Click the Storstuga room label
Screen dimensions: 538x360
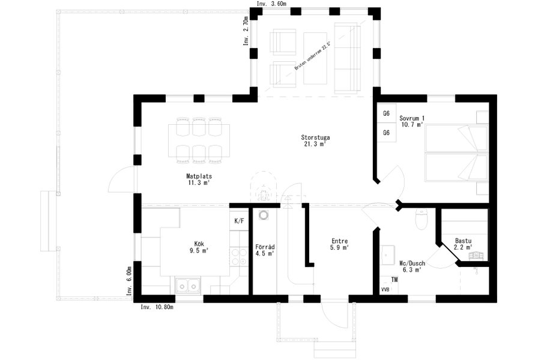point(315,137)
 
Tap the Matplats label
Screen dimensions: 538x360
point(199,176)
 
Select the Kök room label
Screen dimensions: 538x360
point(199,244)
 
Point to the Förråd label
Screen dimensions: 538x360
point(265,247)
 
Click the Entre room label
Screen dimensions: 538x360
point(340,241)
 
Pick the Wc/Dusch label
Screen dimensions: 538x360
point(412,263)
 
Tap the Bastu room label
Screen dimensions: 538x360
point(463,241)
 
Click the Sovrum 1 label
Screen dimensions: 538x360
point(412,118)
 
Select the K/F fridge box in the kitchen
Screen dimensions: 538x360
point(239,220)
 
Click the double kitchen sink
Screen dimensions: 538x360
point(188,285)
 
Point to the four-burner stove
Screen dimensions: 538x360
point(239,257)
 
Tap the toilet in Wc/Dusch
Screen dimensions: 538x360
point(422,219)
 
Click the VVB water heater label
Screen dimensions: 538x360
point(385,289)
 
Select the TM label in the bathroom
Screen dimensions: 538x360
point(394,280)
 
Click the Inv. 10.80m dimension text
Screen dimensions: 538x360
point(157,307)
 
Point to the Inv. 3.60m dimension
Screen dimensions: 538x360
point(272,4)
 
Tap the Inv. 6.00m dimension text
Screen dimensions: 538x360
point(129,281)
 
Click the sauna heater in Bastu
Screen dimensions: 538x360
point(477,255)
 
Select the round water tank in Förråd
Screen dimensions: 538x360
point(264,215)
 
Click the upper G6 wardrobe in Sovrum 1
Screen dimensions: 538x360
point(386,113)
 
